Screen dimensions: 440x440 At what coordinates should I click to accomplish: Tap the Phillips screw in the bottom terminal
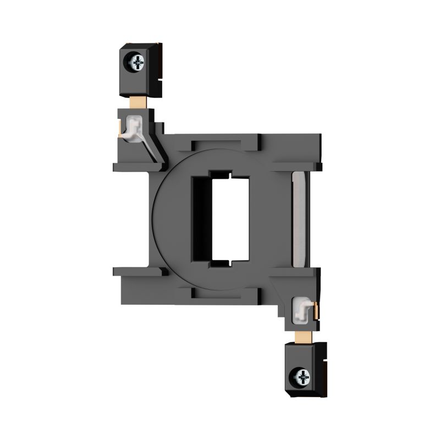point(301,376)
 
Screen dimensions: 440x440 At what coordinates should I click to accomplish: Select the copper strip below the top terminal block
point(136,101)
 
